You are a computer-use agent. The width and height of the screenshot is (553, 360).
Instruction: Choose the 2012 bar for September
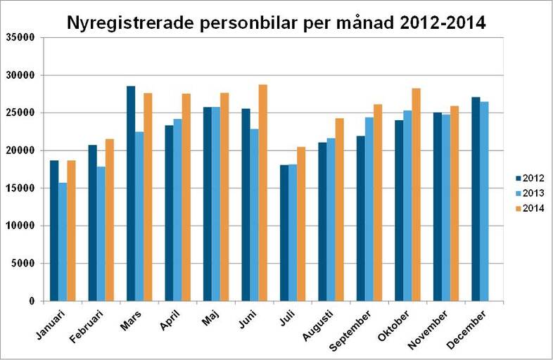(x=361, y=218)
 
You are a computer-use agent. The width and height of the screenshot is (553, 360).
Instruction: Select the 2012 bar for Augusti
(x=322, y=221)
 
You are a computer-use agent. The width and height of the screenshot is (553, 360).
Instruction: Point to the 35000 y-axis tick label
(x=20, y=37)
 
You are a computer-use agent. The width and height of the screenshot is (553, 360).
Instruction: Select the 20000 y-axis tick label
(x=20, y=150)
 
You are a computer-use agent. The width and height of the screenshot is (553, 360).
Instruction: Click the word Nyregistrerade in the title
(x=133, y=22)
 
